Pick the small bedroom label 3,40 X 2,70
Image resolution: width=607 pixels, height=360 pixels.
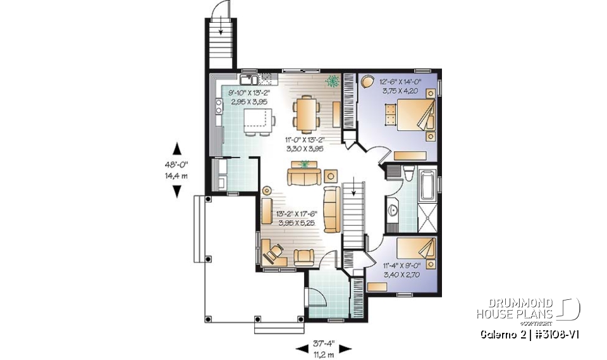pyautogui.click(x=404, y=275)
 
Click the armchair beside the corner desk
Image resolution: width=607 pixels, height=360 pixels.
pyautogui.click(x=303, y=256)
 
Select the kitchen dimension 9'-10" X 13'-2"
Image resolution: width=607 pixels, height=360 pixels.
pyautogui.click(x=249, y=92)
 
